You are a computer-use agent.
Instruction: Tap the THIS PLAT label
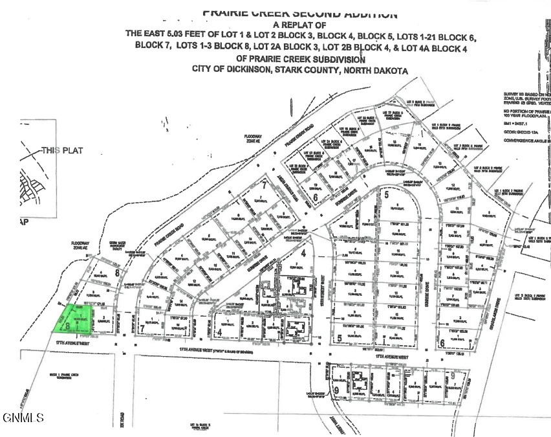click(63, 150)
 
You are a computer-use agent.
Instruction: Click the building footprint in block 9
click(358, 378)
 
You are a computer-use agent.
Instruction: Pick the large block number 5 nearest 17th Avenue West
click(339, 337)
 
